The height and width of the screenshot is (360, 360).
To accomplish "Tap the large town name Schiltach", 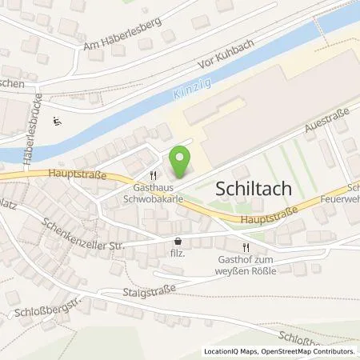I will (258, 189).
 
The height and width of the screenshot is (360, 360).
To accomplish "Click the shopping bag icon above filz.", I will (178, 240).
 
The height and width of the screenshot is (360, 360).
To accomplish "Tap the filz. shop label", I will (178, 252).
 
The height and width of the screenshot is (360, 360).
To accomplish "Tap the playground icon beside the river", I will (57, 122).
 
